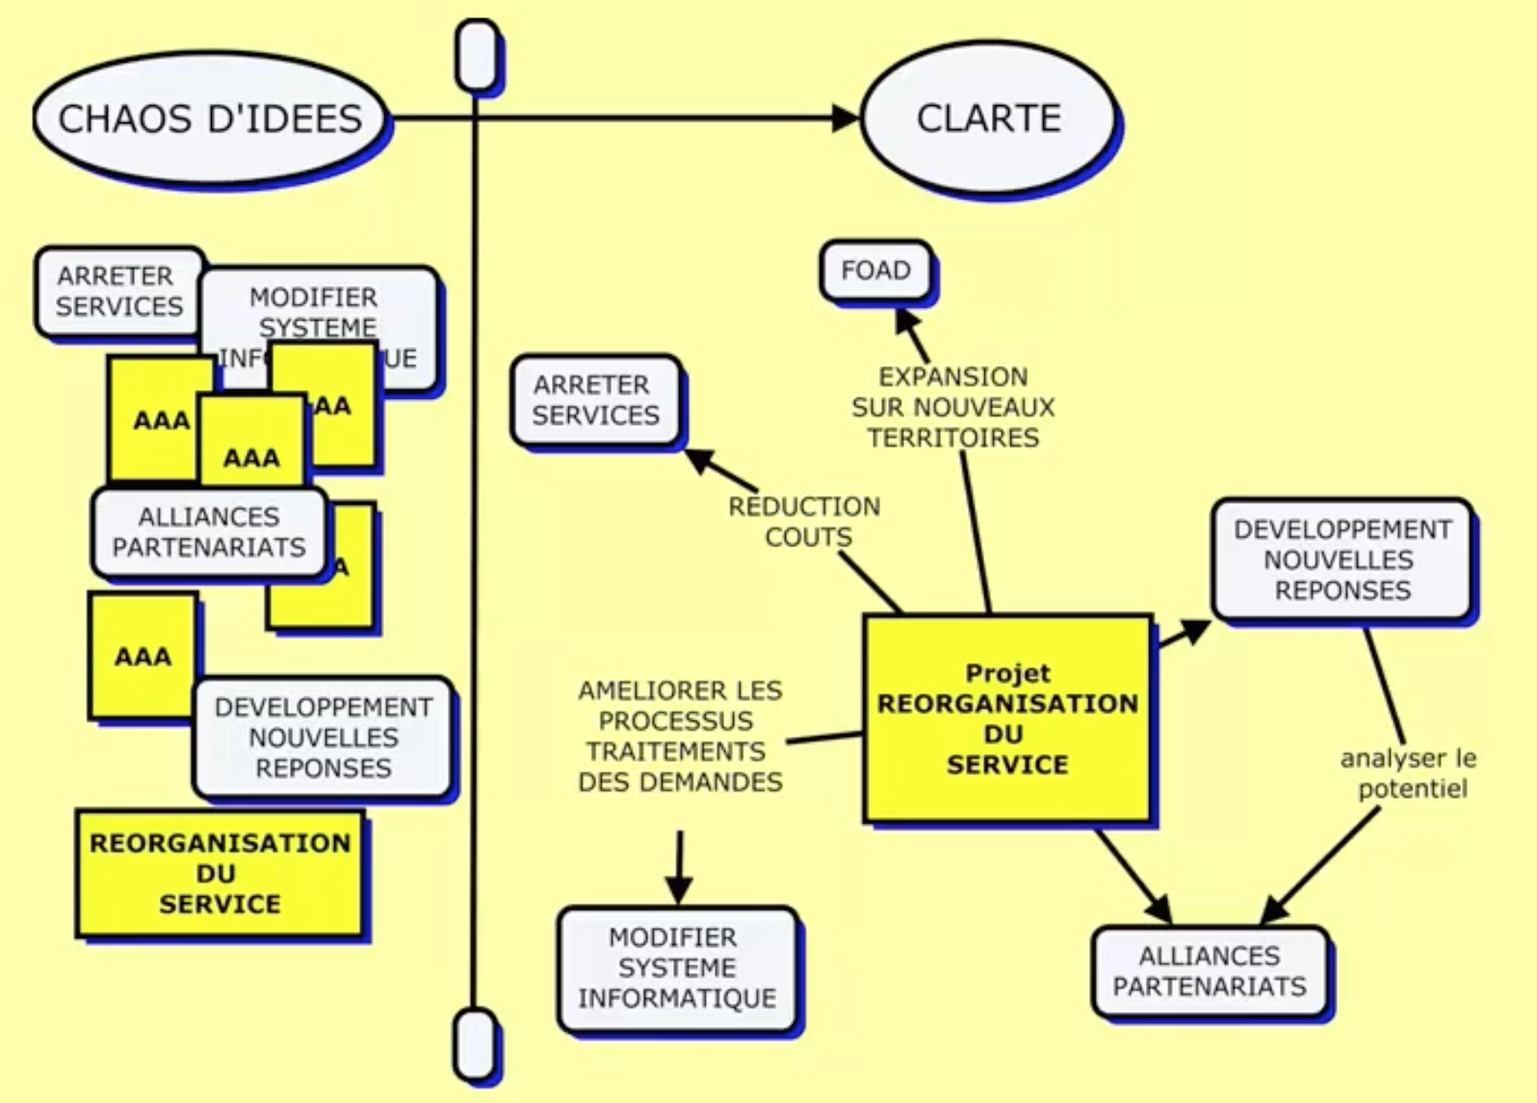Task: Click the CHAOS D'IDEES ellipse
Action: click(210, 118)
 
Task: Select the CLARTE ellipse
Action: click(988, 118)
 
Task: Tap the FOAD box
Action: click(875, 271)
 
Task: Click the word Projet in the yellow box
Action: click(1007, 673)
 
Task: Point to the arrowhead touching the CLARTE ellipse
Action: click(845, 118)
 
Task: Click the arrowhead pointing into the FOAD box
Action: click(906, 320)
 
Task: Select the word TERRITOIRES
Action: click(952, 438)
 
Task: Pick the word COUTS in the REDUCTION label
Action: click(808, 538)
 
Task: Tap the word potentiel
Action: click(1413, 789)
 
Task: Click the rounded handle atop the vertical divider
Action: click(477, 56)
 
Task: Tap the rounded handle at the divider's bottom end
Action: click(475, 1043)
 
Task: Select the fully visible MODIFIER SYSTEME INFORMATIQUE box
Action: click(677, 968)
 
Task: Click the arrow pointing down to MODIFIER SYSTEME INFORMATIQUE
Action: click(679, 872)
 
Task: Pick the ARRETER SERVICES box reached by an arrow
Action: click(595, 401)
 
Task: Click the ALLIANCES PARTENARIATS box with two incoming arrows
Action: click(1210, 971)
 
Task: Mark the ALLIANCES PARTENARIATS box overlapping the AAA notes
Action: click(209, 533)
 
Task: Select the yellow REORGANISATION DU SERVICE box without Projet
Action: click(220, 873)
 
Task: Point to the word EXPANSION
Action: click(952, 377)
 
